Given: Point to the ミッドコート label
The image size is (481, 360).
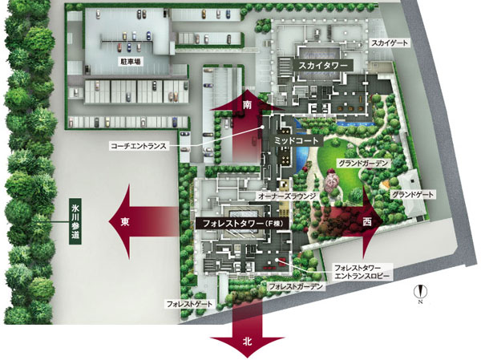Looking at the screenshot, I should pos(282,140).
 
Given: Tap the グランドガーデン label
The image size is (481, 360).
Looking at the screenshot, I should pos(363,164).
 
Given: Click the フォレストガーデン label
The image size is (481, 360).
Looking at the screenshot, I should pos(297,286).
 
